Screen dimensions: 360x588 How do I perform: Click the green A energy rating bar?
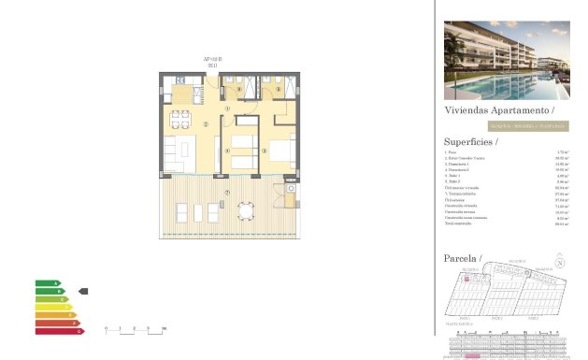coord(47,282)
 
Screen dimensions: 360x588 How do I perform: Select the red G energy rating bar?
coord(59,330)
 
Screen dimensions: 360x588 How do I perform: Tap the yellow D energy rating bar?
coord(52,307)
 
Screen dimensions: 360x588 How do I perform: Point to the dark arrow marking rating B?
coord(82,291)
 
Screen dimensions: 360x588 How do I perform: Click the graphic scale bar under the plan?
coord(135,329)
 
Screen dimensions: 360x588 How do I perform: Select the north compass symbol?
coord(559,263)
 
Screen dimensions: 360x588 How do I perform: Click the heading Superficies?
coord(470,141)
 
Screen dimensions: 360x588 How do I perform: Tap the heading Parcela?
coord(462,257)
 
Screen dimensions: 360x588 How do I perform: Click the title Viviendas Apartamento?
coord(493,109)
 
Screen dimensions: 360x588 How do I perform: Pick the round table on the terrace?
coord(247,210)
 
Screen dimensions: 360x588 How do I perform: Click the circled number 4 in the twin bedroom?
coord(228,150)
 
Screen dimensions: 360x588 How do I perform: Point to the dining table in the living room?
coord(179,119)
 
